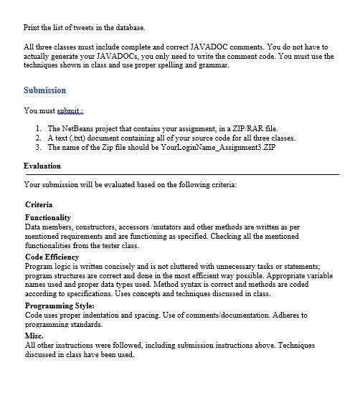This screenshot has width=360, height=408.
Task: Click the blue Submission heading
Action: coord(44,90)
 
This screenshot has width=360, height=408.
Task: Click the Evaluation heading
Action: coord(42,166)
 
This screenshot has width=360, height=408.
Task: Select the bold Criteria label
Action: coord(39,204)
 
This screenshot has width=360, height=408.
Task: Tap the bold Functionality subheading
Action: coord(48,217)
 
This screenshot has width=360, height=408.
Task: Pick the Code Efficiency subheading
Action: coord(52,257)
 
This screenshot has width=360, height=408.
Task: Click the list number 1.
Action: coord(38,128)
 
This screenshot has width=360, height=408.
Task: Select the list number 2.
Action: coord(38,138)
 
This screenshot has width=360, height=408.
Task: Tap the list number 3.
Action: coord(38,147)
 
